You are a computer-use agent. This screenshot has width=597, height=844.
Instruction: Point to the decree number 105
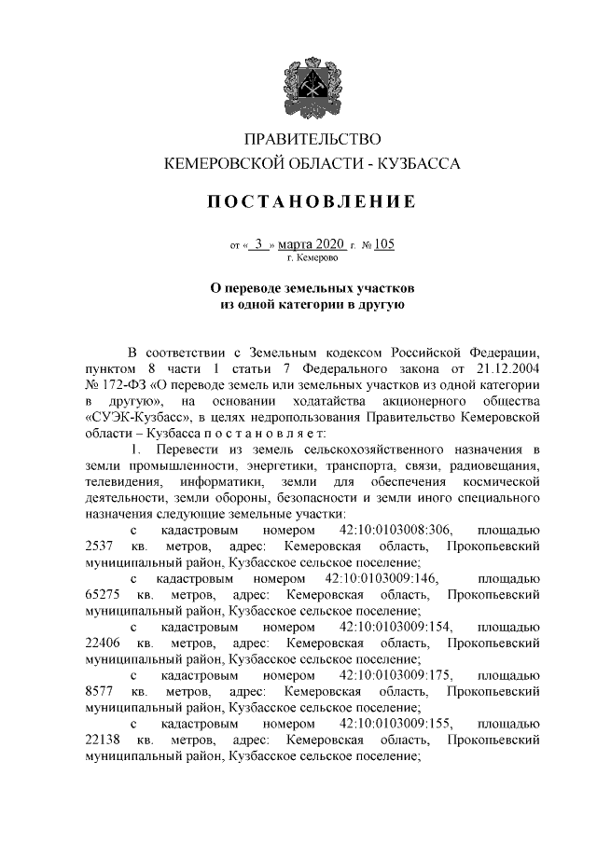384,245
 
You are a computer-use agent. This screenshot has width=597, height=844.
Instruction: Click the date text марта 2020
318,245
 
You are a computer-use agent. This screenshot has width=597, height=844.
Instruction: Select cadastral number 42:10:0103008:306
396,529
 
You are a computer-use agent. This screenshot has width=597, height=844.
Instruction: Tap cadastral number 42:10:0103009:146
383,578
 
